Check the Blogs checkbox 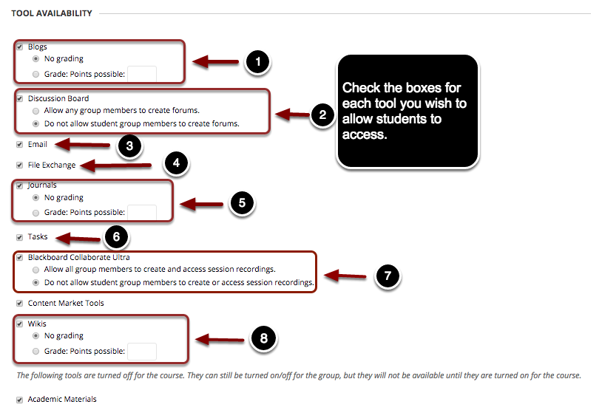click(19, 47)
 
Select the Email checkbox click(19, 144)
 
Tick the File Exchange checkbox click(19, 165)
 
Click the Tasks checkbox click(19, 237)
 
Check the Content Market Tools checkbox click(19, 303)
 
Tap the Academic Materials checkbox click(19, 400)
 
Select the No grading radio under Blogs click(35, 59)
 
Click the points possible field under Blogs click(142, 74)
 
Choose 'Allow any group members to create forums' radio click(35, 111)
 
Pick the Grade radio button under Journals click(35, 212)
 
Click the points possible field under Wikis click(142, 351)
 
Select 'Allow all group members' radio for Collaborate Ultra click(35, 270)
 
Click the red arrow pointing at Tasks click(79, 238)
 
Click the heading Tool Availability click(51, 13)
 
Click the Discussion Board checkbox click(19, 98)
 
